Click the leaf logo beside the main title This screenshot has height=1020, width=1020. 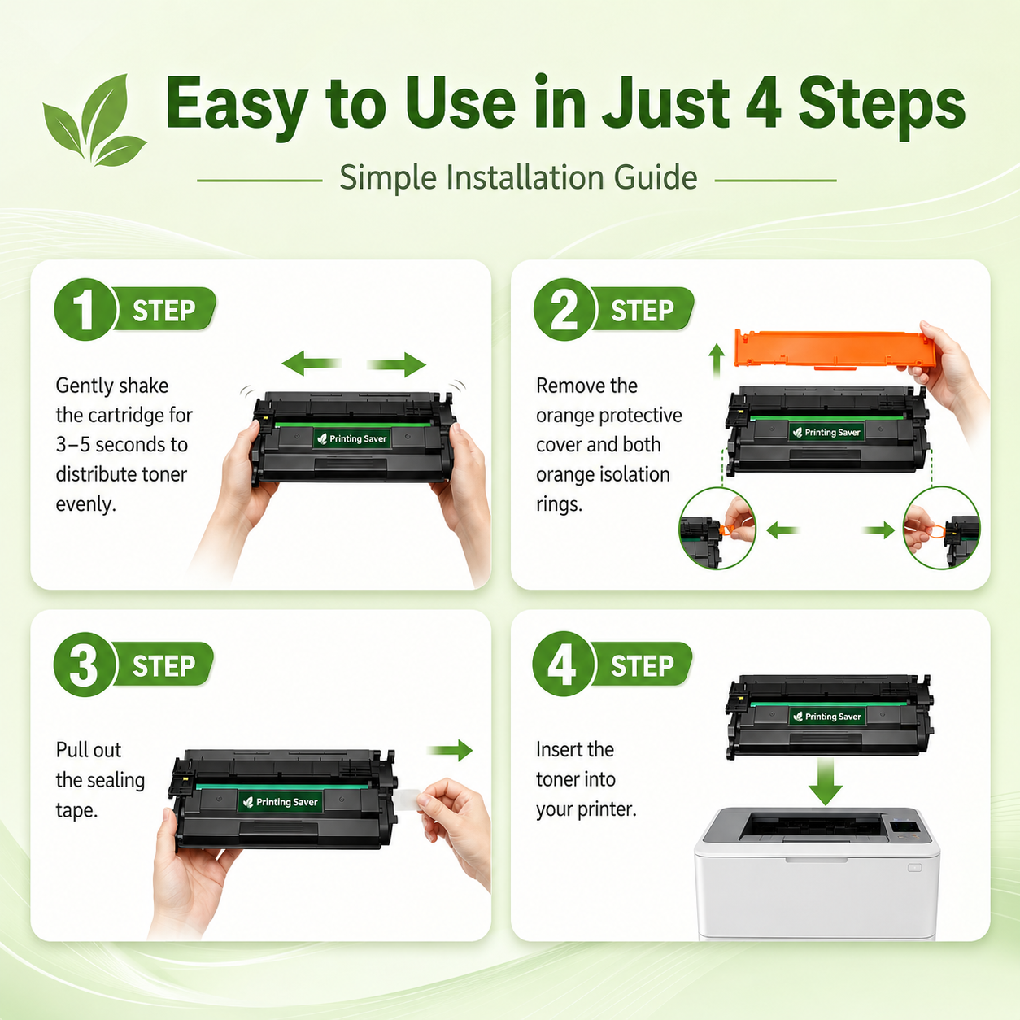coord(95,120)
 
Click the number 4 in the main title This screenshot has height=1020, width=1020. coord(763,102)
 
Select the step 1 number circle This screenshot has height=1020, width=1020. coord(85,310)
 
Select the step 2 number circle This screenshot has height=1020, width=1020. coord(564,310)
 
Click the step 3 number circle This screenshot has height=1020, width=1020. coord(85,665)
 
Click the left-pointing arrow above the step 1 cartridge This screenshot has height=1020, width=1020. coord(312,363)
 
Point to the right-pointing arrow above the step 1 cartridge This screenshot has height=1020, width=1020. coord(396,364)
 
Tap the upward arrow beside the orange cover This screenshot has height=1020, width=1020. coord(717,361)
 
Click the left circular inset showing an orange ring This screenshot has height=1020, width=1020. coord(717,528)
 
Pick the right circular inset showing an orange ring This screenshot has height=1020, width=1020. coord(941,528)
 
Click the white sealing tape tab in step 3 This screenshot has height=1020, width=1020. coord(408,800)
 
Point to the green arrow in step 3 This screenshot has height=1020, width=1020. coord(449,750)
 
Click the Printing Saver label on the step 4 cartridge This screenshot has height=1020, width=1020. coord(827,716)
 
